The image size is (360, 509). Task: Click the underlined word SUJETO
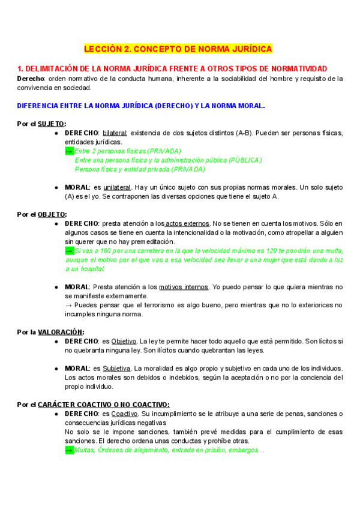coord(51,124)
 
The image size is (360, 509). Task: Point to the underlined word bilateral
coord(115,133)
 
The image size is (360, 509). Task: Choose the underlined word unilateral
coord(117,187)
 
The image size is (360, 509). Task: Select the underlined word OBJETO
coord(52,214)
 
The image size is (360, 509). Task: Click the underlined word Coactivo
coord(124,414)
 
